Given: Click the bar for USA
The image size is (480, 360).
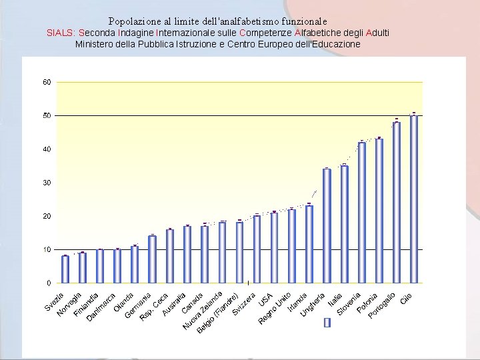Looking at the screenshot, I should click(x=274, y=247).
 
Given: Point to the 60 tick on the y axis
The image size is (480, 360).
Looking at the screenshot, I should click(x=47, y=82).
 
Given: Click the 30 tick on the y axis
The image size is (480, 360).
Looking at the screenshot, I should click(x=47, y=183).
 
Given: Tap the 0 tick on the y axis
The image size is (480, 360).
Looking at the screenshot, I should click(x=49, y=283).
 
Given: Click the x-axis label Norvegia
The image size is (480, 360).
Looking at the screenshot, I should click(x=69, y=304).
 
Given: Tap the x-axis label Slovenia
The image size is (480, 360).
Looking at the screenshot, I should click(x=349, y=304).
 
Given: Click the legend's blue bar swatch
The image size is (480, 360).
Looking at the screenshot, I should click(x=327, y=323).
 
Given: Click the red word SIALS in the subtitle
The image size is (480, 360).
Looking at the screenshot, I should click(x=61, y=33).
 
